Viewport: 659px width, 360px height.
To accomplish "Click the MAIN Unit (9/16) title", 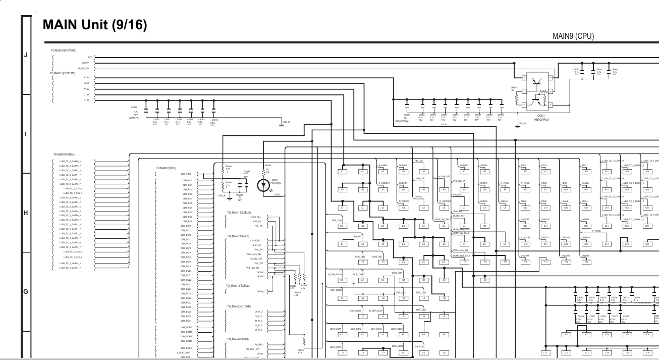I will tap(94, 25).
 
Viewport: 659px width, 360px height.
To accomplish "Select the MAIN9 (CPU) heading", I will tap(573, 36).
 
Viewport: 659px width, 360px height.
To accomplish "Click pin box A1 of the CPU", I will tap(342, 172).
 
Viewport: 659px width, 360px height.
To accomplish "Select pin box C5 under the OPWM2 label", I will tap(423, 208).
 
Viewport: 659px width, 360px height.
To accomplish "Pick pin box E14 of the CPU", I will tap(607, 244).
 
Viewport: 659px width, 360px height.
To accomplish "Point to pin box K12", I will tap(566, 334).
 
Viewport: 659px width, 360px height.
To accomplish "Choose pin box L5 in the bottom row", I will tap(423, 352).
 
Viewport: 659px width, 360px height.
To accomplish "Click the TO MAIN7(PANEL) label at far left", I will tap(64, 155).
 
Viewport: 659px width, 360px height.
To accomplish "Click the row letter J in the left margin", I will tap(26, 55).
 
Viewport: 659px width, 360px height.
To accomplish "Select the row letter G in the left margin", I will tap(26, 291).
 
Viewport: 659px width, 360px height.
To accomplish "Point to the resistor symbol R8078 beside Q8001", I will tap(516, 98).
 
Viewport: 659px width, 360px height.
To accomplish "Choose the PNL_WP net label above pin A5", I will tap(419, 161).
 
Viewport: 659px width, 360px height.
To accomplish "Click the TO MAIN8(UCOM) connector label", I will tap(239, 339).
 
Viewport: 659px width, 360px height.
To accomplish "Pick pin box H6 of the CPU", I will tap(444, 298).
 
